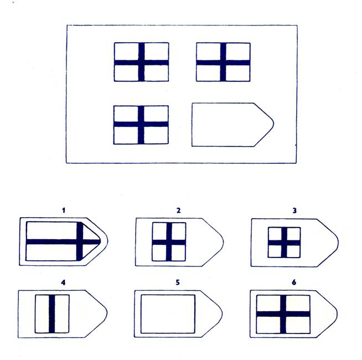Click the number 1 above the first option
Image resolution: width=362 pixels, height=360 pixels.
click(x=64, y=210)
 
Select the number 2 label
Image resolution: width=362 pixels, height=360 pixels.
click(x=179, y=210)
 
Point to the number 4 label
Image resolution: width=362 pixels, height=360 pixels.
click(x=64, y=283)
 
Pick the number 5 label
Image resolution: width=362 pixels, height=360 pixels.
click(x=178, y=283)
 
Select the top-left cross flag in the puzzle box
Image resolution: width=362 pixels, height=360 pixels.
click(x=142, y=62)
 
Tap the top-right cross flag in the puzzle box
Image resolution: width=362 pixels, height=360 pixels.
click(x=223, y=62)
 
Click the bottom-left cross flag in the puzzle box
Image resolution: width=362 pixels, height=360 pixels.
click(x=141, y=125)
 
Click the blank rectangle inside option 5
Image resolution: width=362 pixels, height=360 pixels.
click(x=168, y=313)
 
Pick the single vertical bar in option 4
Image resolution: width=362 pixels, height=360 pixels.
click(x=53, y=313)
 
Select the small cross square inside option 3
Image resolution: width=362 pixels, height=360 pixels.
click(x=284, y=243)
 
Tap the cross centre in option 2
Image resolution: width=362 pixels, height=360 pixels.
click(x=168, y=241)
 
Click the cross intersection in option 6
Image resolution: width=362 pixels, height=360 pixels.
click(x=283, y=313)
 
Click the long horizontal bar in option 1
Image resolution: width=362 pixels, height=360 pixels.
click(x=53, y=241)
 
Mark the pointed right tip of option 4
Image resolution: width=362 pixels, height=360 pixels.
click(x=107, y=313)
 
